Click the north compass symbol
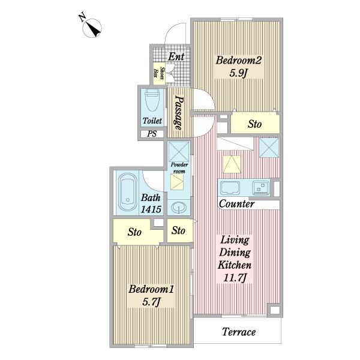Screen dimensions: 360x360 (x=92, y=28)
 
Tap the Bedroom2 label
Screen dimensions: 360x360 (x=239, y=61)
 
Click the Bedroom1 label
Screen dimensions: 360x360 (x=151, y=289)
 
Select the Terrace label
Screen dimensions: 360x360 (x=239, y=332)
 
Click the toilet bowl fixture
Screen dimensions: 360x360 (x=152, y=100)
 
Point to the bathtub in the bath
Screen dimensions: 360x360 (x=127, y=192)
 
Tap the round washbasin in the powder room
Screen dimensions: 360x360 (x=179, y=208)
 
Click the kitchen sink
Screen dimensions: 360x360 (x=230, y=188)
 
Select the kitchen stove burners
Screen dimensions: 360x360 (x=261, y=188)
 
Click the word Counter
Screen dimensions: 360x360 (x=236, y=204)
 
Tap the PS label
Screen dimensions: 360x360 (x=152, y=134)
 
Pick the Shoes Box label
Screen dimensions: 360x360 (x=160, y=73)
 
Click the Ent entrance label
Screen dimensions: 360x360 (x=176, y=57)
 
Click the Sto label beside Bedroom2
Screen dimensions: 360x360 (x=254, y=124)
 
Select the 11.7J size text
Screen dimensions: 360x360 (x=235, y=278)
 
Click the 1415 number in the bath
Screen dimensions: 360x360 (x=151, y=209)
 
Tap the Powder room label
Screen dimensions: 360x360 (x=179, y=168)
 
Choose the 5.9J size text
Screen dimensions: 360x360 (x=238, y=73)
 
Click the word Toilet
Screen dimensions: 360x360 (x=152, y=121)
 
